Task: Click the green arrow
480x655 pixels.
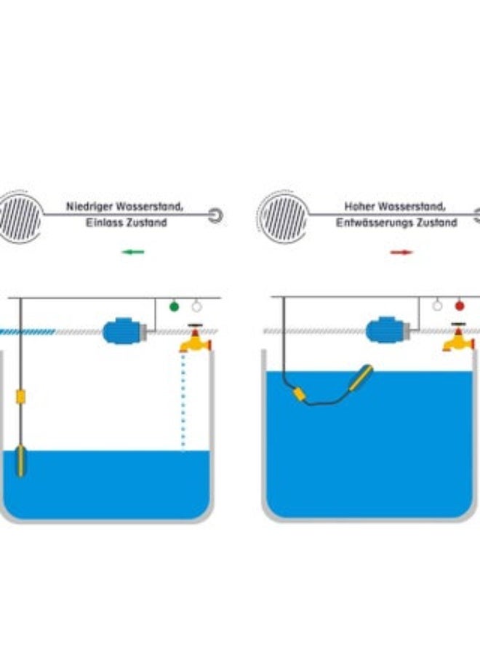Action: [133, 253]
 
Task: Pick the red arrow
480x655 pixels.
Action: [401, 253]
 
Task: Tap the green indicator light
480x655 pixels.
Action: [174, 306]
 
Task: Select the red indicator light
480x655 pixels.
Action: [459, 306]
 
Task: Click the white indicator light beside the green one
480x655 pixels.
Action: [196, 306]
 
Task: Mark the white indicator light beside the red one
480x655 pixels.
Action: [437, 306]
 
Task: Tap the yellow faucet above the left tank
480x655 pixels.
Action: [194, 339]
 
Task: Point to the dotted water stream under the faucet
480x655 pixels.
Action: [183, 400]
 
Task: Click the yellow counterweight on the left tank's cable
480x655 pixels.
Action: [21, 397]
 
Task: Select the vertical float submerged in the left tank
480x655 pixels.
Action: [21, 460]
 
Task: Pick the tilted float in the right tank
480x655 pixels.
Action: [361, 378]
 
